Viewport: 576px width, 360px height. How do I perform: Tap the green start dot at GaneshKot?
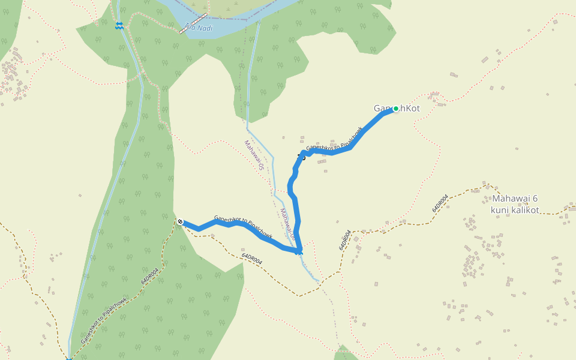click(x=395, y=109)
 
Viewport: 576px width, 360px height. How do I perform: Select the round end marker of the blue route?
click(x=180, y=221)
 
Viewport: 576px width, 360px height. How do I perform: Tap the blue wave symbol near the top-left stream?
click(x=119, y=25)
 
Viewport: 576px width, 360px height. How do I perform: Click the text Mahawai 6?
click(x=515, y=199)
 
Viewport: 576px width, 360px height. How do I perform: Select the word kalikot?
click(x=524, y=210)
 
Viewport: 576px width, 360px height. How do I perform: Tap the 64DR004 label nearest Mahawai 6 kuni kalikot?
click(x=440, y=203)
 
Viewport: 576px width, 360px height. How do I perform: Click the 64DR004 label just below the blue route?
click(x=252, y=259)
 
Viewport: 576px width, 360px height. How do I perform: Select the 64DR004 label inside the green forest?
click(x=150, y=277)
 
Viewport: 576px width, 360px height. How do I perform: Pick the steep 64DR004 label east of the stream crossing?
click(x=344, y=239)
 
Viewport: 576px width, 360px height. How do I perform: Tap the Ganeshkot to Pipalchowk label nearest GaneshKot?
click(x=334, y=139)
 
